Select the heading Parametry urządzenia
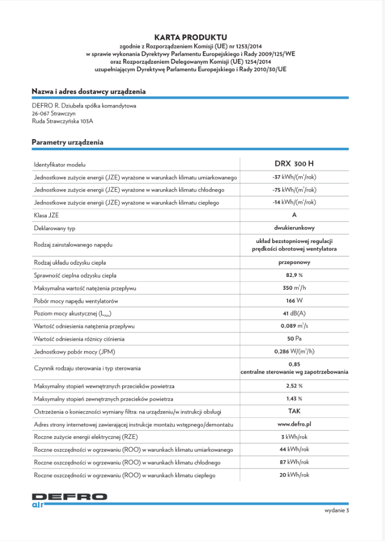pyautogui.click(x=68, y=142)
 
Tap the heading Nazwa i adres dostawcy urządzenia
pyautogui.click(x=88, y=92)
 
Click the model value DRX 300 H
pyautogui.click(x=294, y=164)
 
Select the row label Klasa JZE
pyautogui.click(x=46, y=216)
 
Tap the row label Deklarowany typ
pyautogui.click(x=55, y=228)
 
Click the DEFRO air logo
pyautogui.click(x=69, y=500)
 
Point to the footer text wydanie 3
pyautogui.click(x=337, y=511)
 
